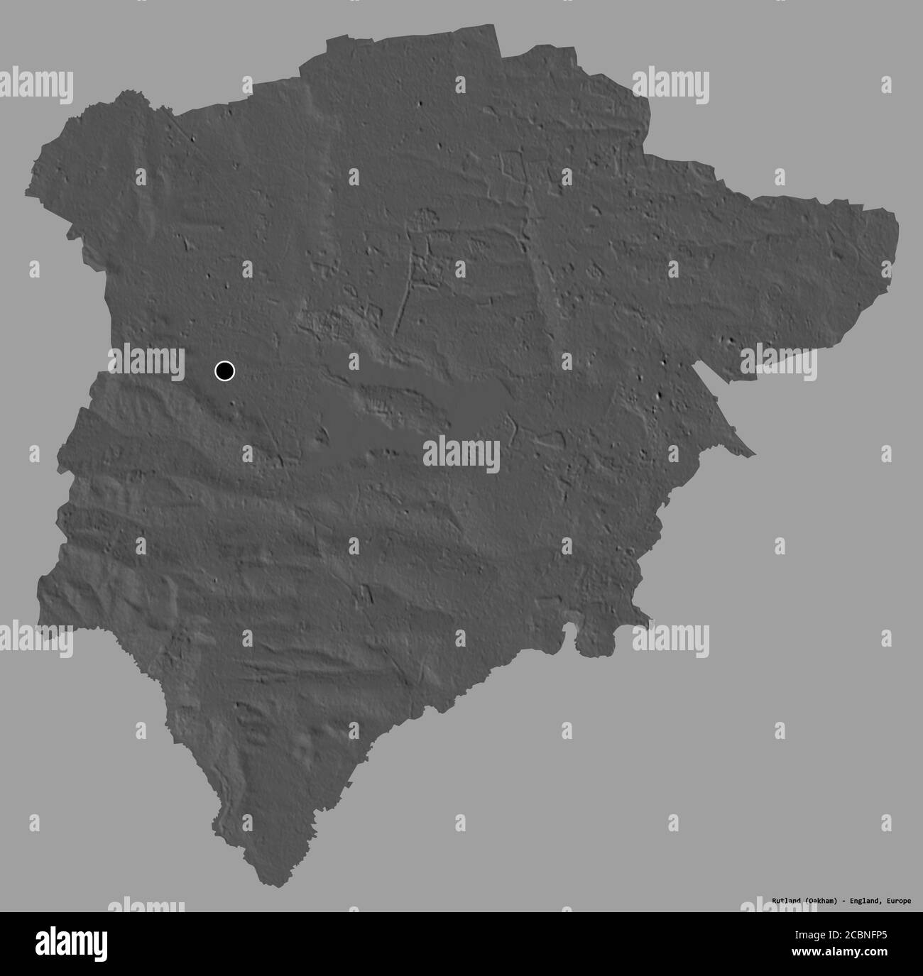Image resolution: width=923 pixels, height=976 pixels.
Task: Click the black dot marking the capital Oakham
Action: (x=224, y=371)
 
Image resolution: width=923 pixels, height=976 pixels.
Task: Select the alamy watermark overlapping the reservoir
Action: (x=461, y=454)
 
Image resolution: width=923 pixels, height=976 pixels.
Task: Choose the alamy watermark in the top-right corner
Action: (x=671, y=82)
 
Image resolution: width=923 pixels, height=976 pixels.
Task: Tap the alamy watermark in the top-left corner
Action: (x=35, y=82)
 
